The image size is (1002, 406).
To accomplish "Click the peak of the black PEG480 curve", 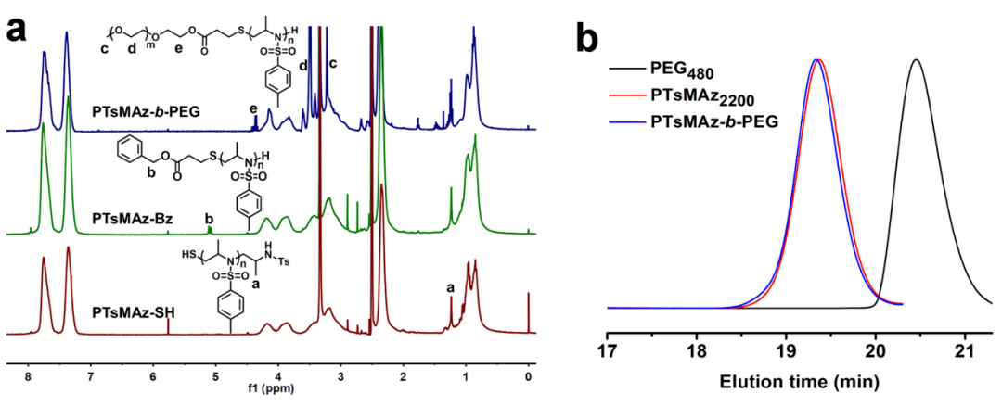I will [916, 60].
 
